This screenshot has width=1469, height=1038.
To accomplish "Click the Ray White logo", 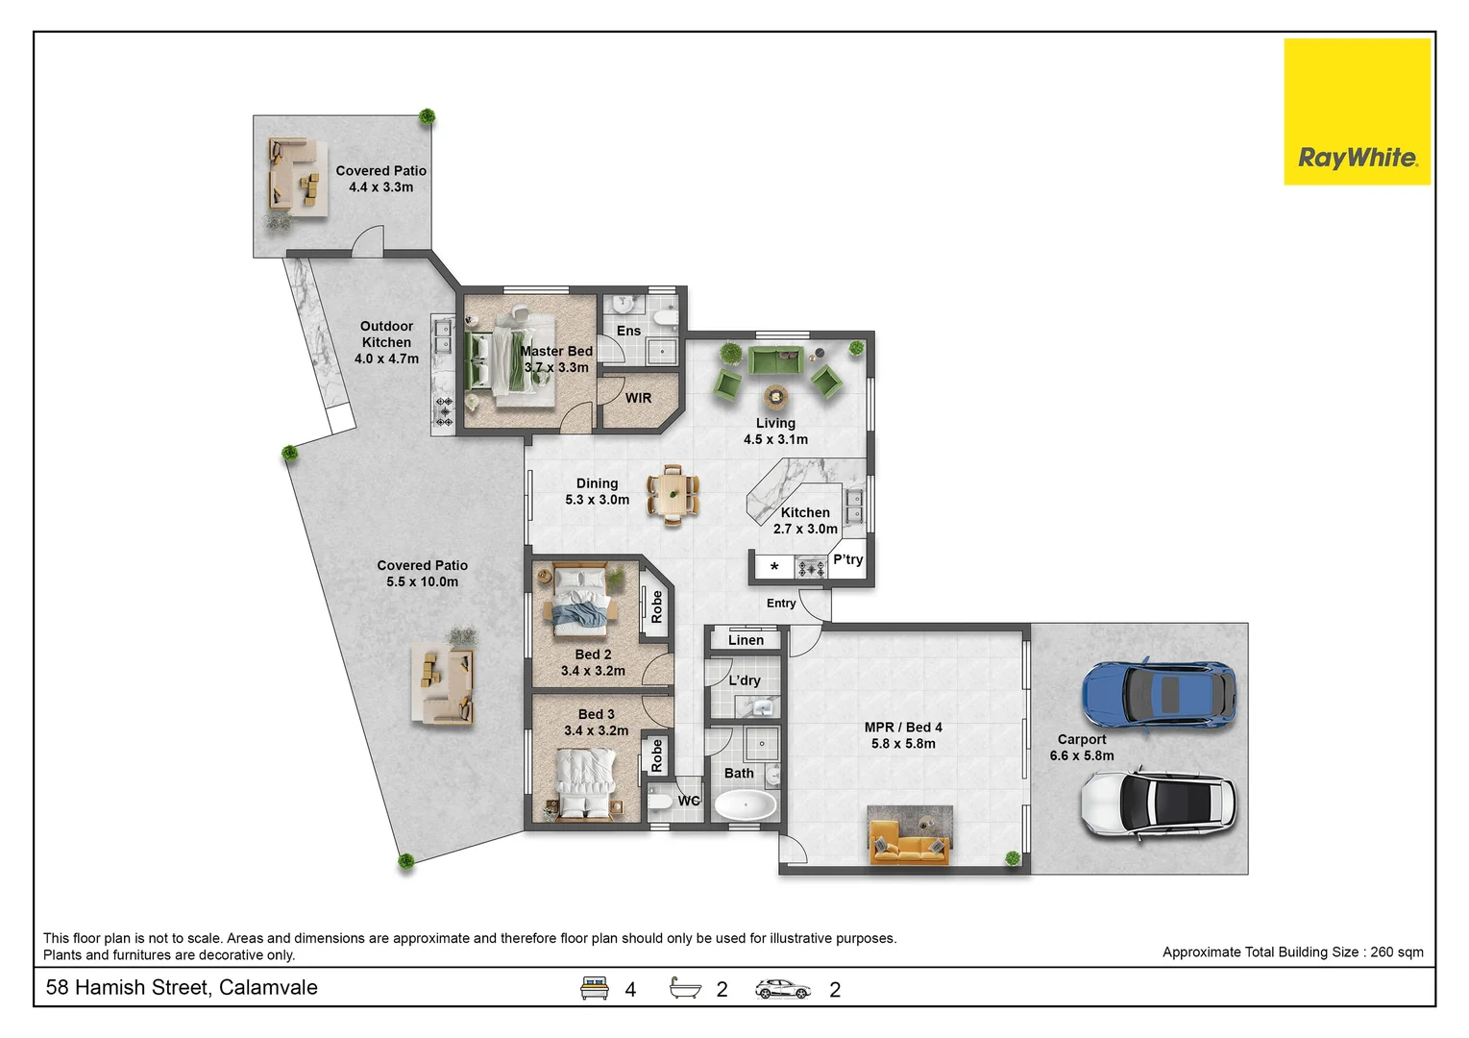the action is (1357, 111).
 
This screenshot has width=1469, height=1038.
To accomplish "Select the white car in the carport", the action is (1159, 803).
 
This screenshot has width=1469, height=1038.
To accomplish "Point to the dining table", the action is (673, 495).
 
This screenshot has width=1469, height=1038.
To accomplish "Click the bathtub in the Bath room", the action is (745, 805).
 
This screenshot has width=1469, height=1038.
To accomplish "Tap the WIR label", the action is (638, 398).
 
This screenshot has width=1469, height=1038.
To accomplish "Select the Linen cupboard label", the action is (746, 640).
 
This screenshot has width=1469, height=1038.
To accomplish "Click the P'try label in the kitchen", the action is (848, 559).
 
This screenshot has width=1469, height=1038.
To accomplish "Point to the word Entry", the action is (781, 603).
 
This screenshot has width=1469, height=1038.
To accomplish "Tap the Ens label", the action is (628, 331).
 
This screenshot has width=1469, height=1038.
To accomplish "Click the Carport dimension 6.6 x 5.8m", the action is (1082, 755).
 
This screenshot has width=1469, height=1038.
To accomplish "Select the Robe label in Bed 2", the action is (656, 606).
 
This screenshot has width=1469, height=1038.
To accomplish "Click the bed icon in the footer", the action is (594, 987).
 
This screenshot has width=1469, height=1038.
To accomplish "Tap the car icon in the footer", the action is (782, 989).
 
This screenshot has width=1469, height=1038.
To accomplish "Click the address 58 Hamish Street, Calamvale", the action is (182, 987).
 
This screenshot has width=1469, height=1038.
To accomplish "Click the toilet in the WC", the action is (660, 801).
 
